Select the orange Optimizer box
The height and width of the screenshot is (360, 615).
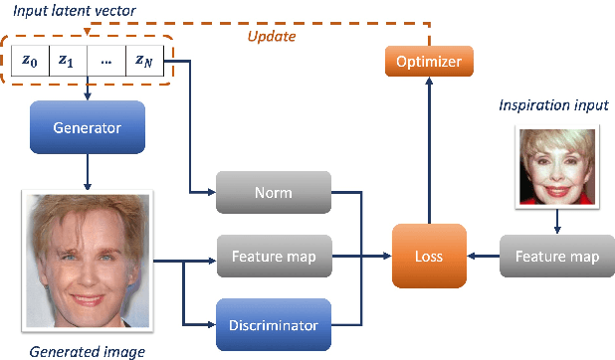pos(428,62)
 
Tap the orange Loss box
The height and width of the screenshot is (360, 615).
pos(428,257)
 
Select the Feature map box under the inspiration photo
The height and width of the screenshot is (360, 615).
pos(556,257)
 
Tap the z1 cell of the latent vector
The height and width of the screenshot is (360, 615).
pos(66,61)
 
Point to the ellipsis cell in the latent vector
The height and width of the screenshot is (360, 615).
pos(105,61)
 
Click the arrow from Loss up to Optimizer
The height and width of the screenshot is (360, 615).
pos(428,154)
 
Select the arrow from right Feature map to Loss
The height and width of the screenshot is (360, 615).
pos(487,257)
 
